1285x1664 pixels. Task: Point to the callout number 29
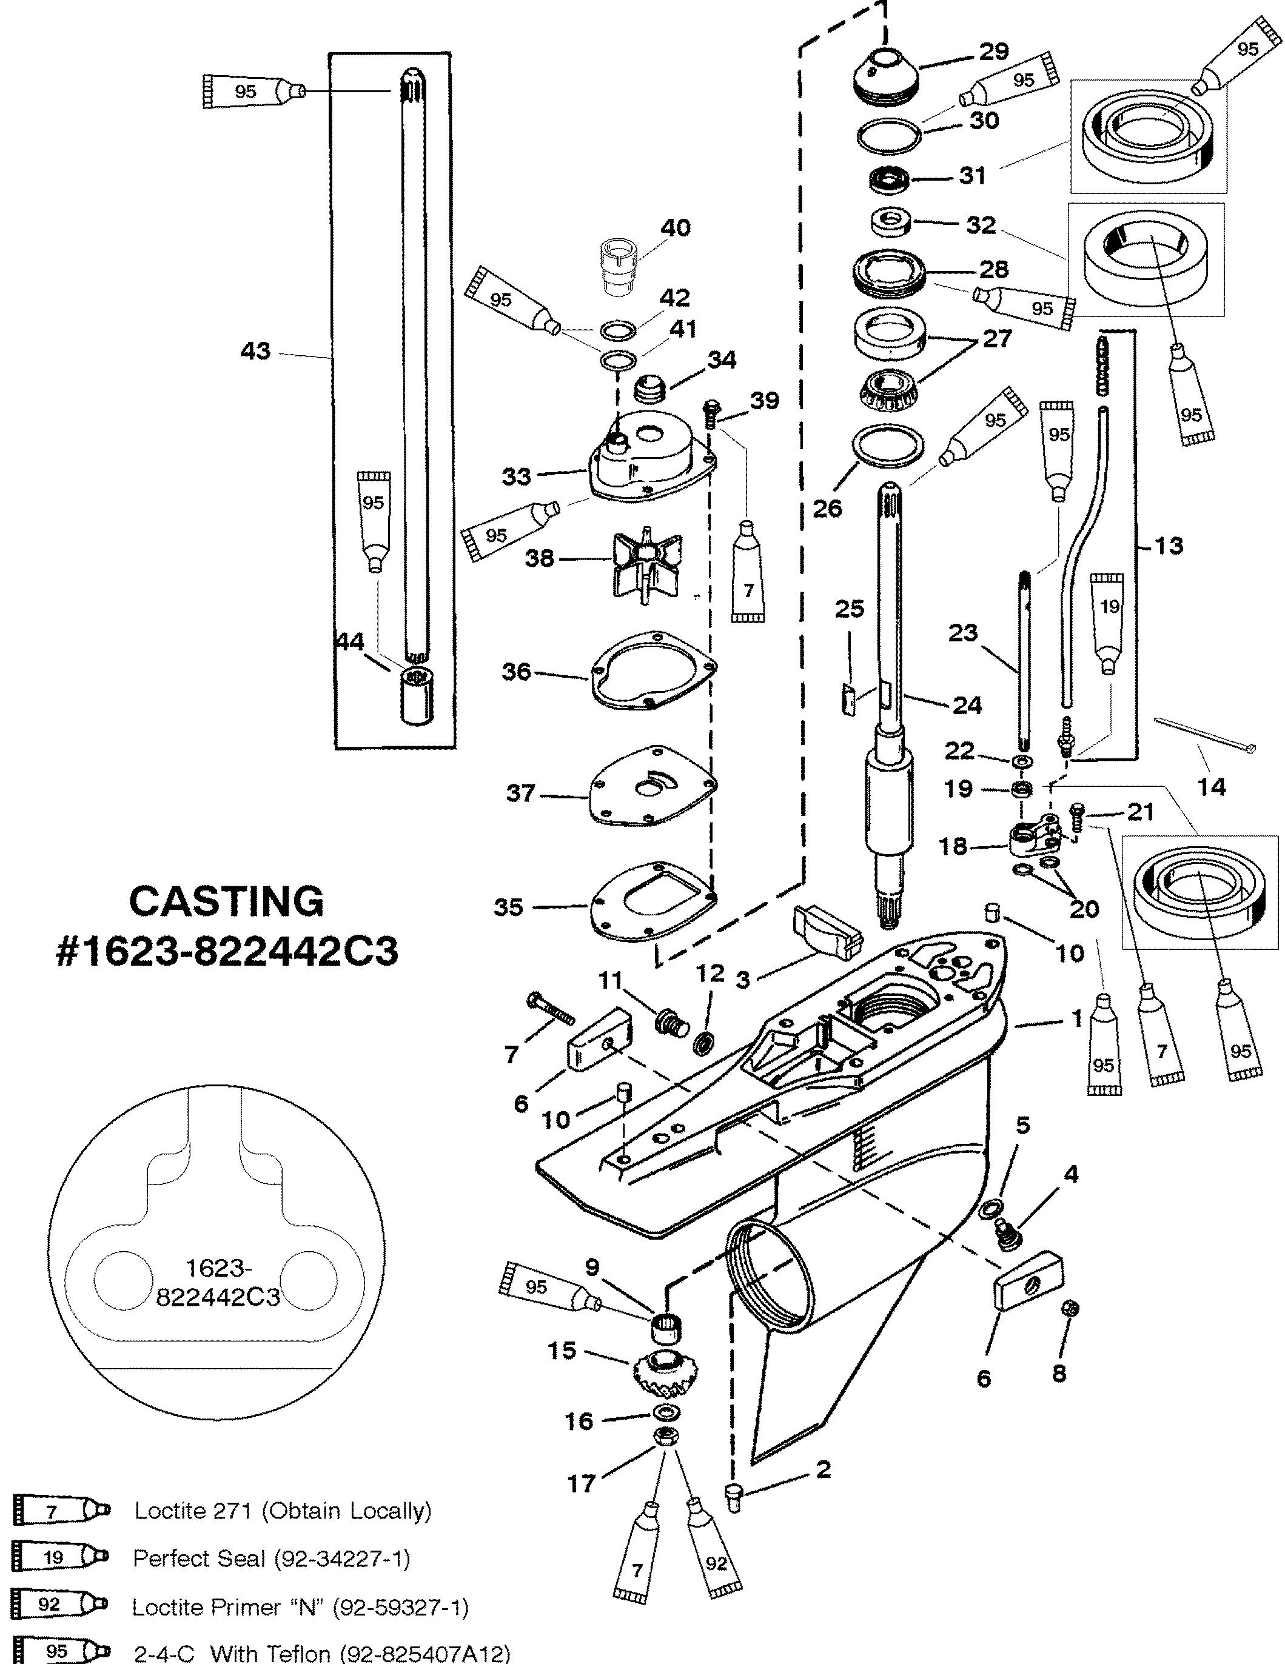[993, 51]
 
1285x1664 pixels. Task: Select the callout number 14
[1212, 786]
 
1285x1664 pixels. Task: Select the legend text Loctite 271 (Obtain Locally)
[283, 1511]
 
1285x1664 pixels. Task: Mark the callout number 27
[997, 338]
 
